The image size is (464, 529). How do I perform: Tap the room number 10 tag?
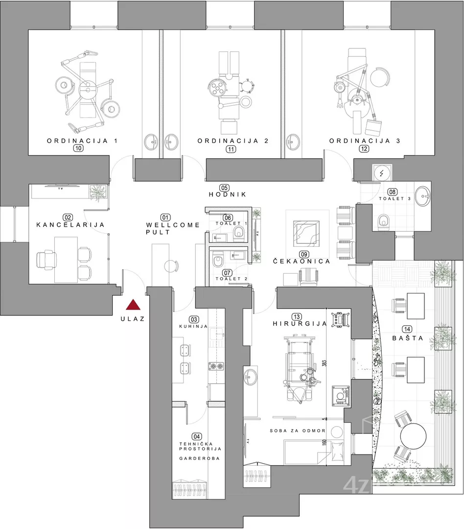[78, 148]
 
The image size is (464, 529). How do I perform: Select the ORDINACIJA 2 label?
[233, 141]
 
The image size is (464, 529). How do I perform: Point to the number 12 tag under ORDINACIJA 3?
[364, 148]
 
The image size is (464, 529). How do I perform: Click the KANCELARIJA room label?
[70, 225]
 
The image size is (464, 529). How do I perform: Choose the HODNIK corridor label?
[228, 194]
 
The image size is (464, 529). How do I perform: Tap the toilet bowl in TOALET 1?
[239, 231]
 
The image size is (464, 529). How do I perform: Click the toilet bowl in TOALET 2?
[218, 261]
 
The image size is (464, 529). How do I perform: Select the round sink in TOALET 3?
[423, 196]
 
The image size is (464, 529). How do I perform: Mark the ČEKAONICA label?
[302, 261]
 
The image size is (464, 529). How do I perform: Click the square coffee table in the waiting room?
[306, 234]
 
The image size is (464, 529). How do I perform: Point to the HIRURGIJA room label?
[300, 324]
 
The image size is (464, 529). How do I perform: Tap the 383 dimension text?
[325, 363]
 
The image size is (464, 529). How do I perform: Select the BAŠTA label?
[408, 338]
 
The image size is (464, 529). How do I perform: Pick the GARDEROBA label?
[199, 458]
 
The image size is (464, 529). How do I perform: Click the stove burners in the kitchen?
[216, 366]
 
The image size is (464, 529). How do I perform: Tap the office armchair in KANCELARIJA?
[46, 260]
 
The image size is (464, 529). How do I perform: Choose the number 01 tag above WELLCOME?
[165, 217]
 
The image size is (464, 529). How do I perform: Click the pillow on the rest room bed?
[337, 451]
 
